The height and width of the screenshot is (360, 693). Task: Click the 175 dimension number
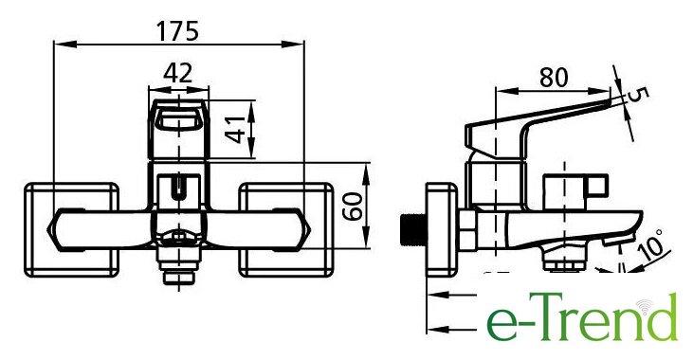pos(177,31)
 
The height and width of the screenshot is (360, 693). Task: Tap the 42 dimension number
pos(178,73)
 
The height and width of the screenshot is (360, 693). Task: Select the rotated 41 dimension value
pos(235,130)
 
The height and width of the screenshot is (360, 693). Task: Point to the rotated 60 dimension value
pos(353,207)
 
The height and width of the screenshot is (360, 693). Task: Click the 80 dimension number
pos(554,78)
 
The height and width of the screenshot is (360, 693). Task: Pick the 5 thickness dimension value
pos(641,95)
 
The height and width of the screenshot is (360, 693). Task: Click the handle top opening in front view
pos(178,118)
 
